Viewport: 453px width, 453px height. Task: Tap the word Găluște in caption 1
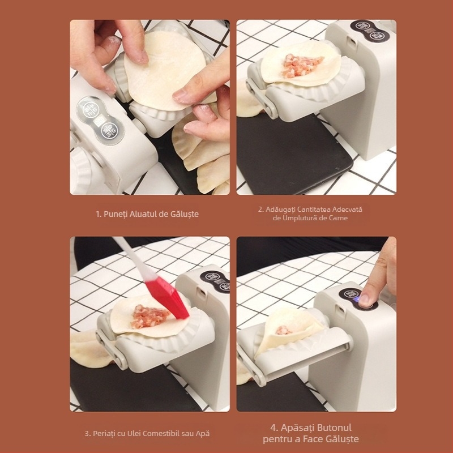pos(185,214)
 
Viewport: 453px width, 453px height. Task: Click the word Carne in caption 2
pos(339,218)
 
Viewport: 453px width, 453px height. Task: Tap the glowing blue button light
pos(357,301)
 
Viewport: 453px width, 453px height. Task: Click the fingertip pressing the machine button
pos(365,298)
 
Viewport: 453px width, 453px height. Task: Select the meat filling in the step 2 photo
pos(301,66)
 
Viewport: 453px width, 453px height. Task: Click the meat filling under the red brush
pos(148,317)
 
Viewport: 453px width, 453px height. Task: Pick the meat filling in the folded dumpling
pos(283,330)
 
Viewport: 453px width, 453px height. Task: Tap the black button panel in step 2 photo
pos(370,31)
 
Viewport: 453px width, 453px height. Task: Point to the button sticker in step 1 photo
pos(100,120)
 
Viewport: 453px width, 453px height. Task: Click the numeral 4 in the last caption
pos(273,428)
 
